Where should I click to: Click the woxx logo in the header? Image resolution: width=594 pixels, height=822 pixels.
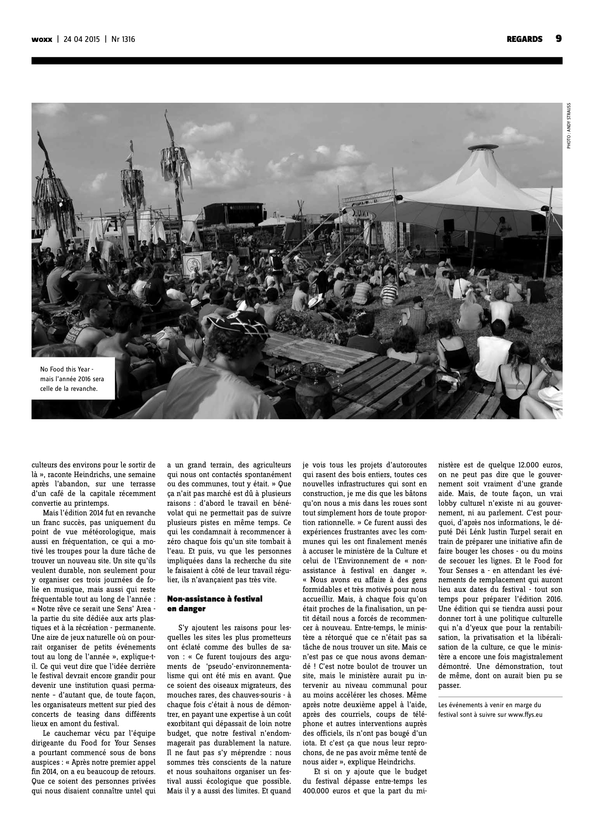pos(42,39)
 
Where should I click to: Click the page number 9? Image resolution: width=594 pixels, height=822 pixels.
pos(558,39)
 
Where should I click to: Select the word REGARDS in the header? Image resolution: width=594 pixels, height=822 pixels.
pos(524,39)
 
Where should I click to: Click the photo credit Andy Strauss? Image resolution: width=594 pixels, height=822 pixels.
pos(568,126)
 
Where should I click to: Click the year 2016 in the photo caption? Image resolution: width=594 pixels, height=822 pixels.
pos(84,379)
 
